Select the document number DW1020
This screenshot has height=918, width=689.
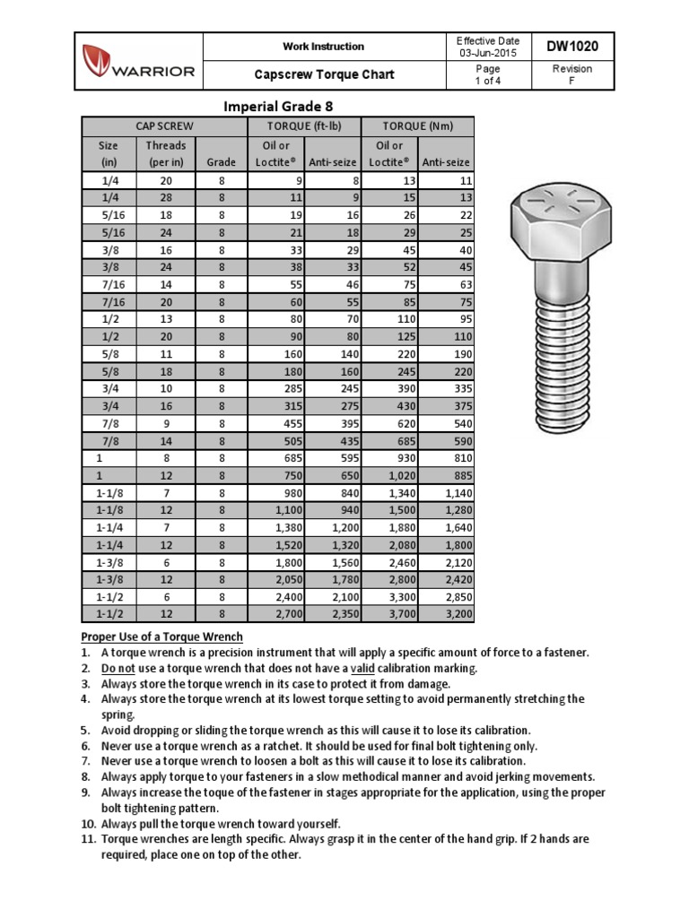coord(571,46)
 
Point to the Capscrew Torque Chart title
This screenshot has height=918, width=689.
coord(323,74)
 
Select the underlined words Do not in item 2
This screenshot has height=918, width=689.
coord(117,669)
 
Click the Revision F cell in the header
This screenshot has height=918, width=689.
coord(571,74)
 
